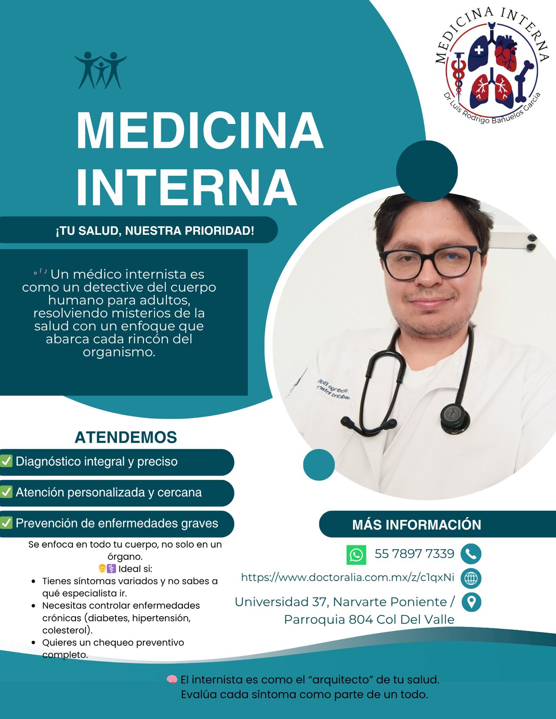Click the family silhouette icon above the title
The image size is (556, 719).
(101, 70)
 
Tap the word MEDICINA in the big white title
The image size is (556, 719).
(200, 131)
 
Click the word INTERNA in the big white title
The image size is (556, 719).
(186, 187)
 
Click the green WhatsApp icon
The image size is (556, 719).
(356, 555)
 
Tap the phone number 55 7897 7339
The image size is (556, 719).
(414, 554)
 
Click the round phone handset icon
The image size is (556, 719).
(471, 554)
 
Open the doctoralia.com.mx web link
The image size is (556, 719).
(347, 578)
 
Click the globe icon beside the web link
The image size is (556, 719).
(471, 578)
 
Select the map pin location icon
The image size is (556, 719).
(471, 603)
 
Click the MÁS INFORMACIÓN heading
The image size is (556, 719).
(417, 525)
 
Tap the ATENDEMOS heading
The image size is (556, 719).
(126, 437)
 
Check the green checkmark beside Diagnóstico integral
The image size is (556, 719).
(6, 461)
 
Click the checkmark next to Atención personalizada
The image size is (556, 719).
(6, 492)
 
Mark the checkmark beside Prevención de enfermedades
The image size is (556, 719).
(6, 523)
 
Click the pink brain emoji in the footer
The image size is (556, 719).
(172, 679)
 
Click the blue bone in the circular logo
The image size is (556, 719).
(524, 82)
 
